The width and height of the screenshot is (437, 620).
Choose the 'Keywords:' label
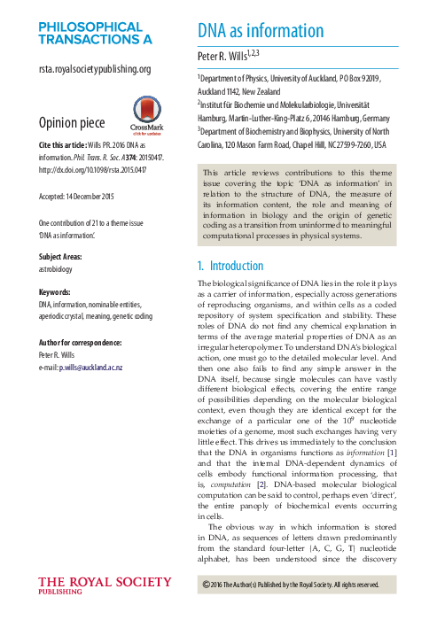(57, 291)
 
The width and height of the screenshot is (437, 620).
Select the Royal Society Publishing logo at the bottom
(105, 586)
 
